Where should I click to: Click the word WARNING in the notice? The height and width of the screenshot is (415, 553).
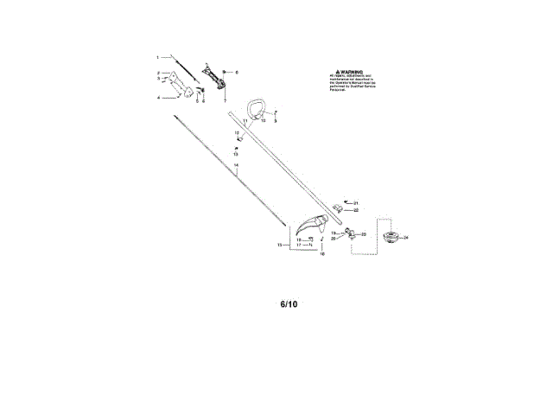pyautogui.click(x=350, y=73)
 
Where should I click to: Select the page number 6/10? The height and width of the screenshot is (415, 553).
pyautogui.click(x=289, y=304)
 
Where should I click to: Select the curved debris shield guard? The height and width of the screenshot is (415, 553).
pyautogui.click(x=309, y=227)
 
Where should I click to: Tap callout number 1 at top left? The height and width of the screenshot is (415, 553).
pyautogui.click(x=157, y=56)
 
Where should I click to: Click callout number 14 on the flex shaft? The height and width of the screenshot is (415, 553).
pyautogui.click(x=236, y=164)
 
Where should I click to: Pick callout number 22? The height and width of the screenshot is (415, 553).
pyautogui.click(x=355, y=209)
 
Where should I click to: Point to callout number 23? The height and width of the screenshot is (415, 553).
pyautogui.click(x=364, y=234)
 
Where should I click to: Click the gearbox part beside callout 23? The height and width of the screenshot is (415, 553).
pyautogui.click(x=351, y=233)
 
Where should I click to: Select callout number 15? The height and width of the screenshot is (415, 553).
pyautogui.click(x=280, y=246)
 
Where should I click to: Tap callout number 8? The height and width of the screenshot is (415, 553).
pyautogui.click(x=237, y=72)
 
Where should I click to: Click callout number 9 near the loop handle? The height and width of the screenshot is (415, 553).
pyautogui.click(x=275, y=121)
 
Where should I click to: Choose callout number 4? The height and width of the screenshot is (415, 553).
pyautogui.click(x=157, y=98)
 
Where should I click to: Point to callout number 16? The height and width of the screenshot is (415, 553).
pyautogui.click(x=322, y=255)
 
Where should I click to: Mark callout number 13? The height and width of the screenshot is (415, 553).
pyautogui.click(x=236, y=154)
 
